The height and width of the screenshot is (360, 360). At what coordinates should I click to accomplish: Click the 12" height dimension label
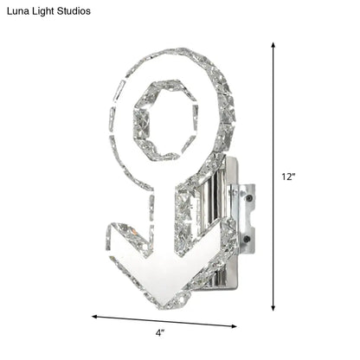(x=289, y=177)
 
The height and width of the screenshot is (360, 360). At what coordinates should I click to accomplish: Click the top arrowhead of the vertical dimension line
(x=275, y=44)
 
